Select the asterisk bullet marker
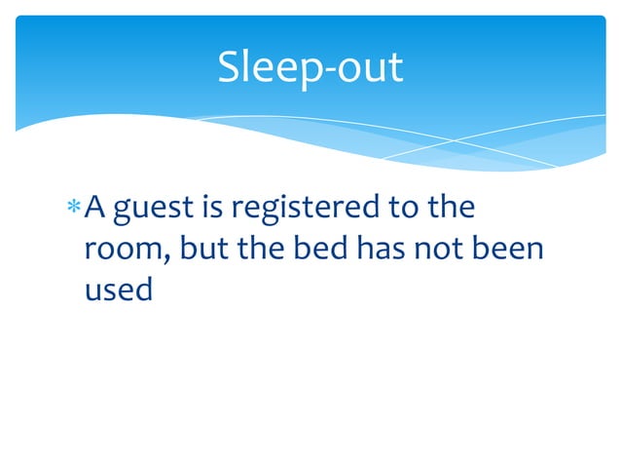click(x=74, y=209)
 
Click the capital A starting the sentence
click(x=95, y=207)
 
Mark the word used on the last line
click(x=114, y=291)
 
